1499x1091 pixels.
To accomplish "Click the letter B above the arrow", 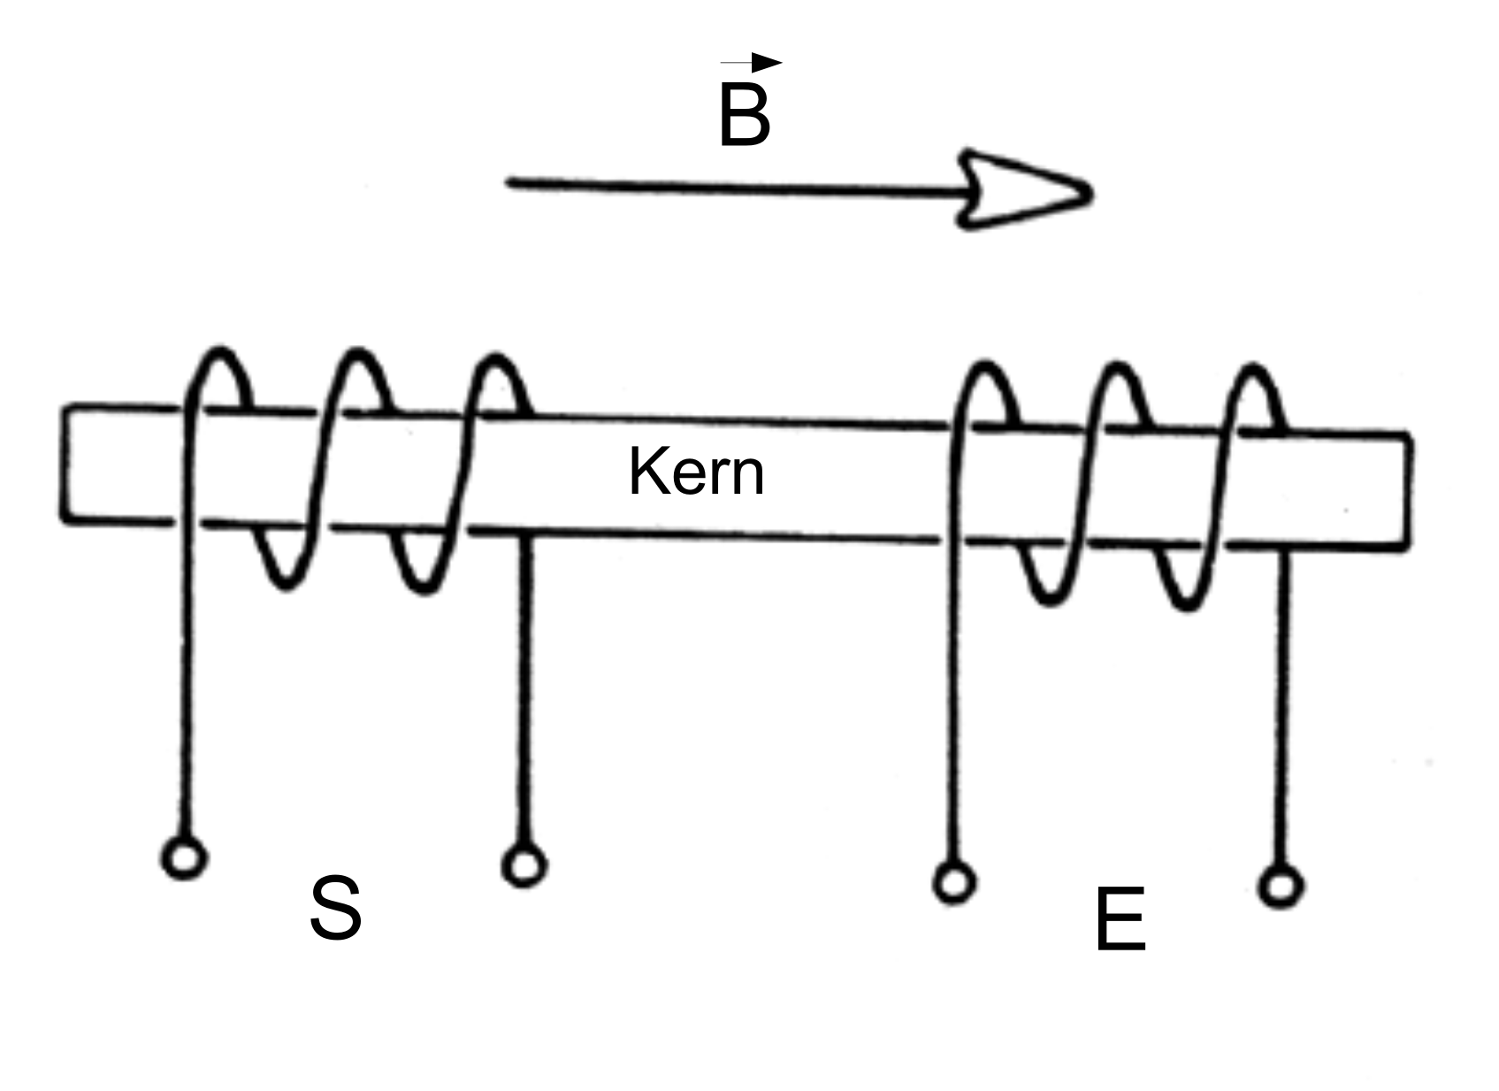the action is tap(744, 114).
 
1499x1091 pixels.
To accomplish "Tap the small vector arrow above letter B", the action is tap(751, 62).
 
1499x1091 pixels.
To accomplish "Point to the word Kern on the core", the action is tap(696, 473).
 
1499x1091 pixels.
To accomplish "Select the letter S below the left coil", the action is tap(335, 908).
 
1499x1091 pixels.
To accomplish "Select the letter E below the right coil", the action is tap(1120, 918).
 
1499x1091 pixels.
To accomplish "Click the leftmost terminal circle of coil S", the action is tap(185, 858).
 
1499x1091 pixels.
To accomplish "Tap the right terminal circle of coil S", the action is tap(524, 865).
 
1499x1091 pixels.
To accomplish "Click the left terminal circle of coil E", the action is tap(954, 883).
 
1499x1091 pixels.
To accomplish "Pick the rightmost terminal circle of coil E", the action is tap(1281, 887).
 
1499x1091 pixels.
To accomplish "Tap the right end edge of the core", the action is tap(1408, 493).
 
